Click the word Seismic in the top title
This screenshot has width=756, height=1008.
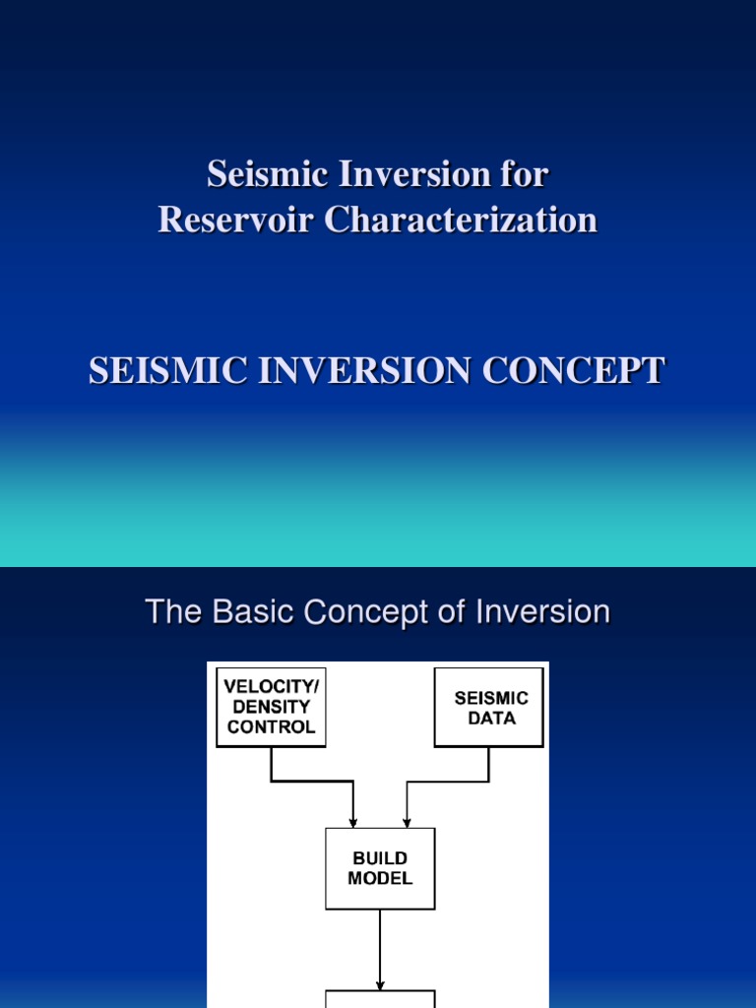pos(252,175)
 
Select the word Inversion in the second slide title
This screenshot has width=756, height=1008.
pos(542,612)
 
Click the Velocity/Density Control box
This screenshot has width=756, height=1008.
pos(271,707)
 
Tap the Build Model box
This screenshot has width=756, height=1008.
pos(380,868)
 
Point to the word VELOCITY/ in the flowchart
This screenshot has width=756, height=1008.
pos(271,686)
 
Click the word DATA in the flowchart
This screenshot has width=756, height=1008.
pos(491,719)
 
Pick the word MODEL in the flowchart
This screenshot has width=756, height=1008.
pos(380,878)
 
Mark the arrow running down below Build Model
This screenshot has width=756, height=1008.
pos(380,950)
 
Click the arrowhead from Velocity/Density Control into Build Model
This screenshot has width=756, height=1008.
pos(353,821)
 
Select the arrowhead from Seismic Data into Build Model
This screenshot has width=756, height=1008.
pos(407,821)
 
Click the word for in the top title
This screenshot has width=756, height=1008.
pos(524,175)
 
